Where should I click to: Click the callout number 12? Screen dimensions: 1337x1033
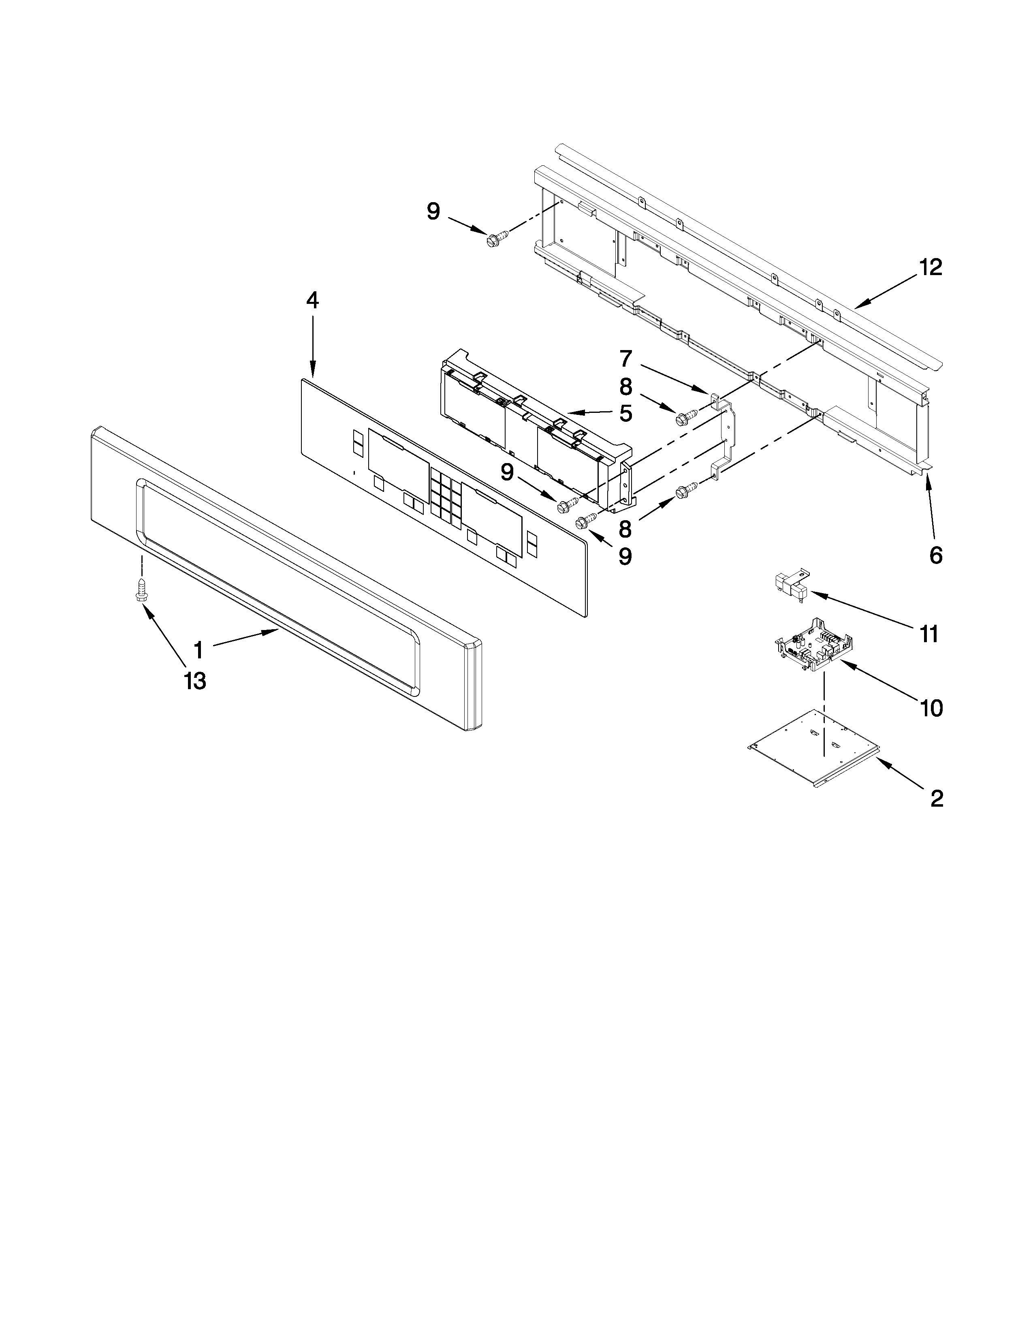click(930, 267)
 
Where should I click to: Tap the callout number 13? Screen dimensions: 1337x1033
click(194, 681)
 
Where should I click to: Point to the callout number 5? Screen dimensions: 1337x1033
click(625, 413)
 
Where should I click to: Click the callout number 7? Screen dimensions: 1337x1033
click(625, 357)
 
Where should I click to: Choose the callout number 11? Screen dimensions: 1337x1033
click(928, 634)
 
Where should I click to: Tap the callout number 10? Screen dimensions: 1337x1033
click(931, 708)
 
